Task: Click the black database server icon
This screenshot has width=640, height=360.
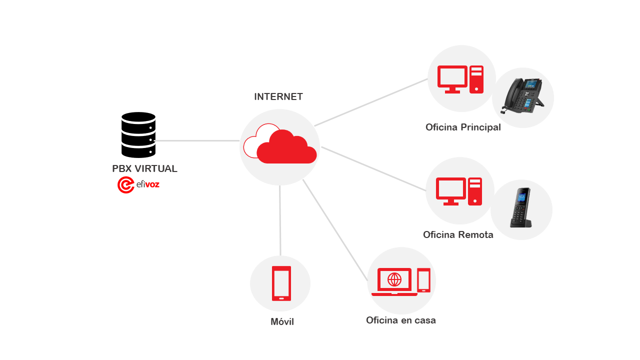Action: [x=138, y=134]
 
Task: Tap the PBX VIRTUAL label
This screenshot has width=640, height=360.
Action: [x=144, y=169]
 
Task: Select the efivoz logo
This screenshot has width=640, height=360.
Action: [x=138, y=185]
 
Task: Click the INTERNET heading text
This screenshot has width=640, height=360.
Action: [x=278, y=97]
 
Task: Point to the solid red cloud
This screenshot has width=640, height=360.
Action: [x=287, y=147]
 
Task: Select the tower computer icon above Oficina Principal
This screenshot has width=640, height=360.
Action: [x=476, y=79]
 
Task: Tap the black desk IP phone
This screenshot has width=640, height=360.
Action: [x=523, y=96]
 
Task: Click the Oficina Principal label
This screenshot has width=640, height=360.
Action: [x=463, y=127]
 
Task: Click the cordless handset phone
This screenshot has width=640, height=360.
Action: [x=521, y=208]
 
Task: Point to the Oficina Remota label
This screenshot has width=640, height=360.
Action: [x=458, y=235]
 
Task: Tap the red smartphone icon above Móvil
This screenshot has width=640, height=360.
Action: [x=281, y=283]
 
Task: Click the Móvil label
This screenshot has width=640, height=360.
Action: [x=282, y=322]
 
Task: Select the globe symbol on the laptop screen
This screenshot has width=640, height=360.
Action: [x=394, y=279]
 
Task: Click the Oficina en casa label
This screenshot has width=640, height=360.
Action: [x=400, y=320]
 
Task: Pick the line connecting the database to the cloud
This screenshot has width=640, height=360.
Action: [x=197, y=141]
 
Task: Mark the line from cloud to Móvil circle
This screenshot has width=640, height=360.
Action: [x=280, y=220]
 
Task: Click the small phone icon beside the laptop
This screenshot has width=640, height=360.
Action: [x=424, y=280]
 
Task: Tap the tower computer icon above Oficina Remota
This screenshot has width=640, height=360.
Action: [x=475, y=191]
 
